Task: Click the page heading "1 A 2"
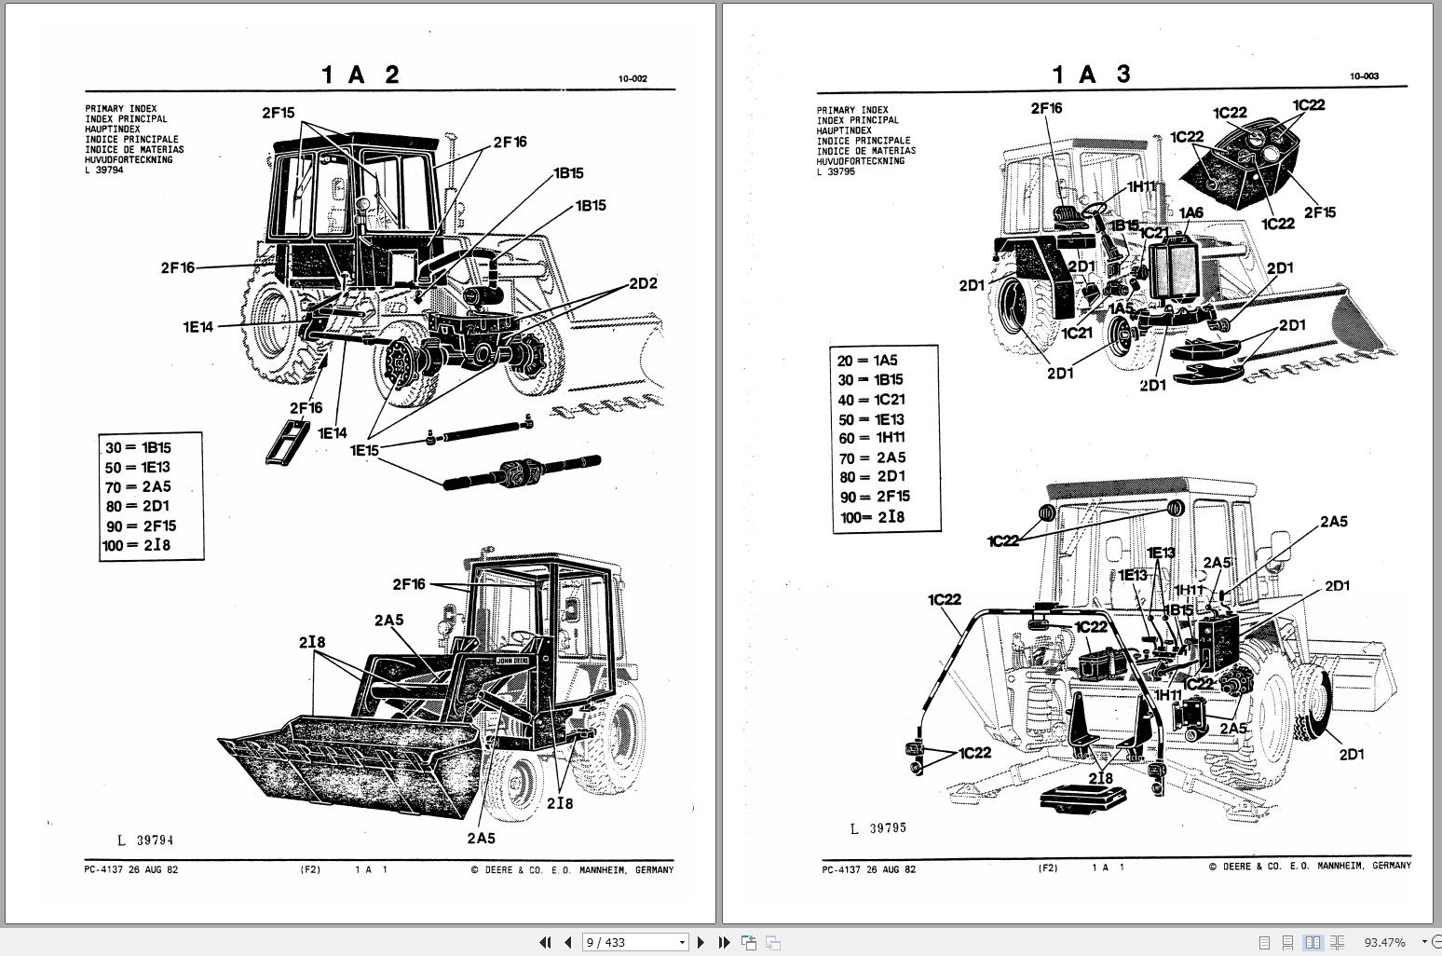click(360, 75)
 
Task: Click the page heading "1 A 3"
click(1091, 75)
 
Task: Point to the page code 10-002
click(633, 79)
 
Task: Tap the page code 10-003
click(1364, 76)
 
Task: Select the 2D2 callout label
click(643, 283)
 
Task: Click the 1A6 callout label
click(1190, 213)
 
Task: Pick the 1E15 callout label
click(364, 450)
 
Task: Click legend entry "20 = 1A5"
click(867, 361)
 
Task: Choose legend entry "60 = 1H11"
click(871, 438)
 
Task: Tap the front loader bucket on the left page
click(354, 759)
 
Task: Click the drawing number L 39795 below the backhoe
click(877, 828)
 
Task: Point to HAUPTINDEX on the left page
click(113, 130)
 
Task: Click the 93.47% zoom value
click(1384, 942)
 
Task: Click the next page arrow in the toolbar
click(701, 942)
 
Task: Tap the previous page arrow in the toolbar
click(567, 942)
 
